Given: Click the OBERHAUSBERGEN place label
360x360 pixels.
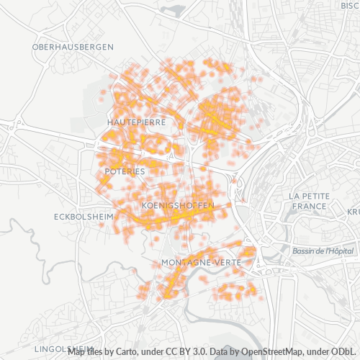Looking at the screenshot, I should (x=73, y=46).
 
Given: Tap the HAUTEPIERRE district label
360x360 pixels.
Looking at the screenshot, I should (x=136, y=122).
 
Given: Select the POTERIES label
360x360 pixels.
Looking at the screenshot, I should (x=125, y=171).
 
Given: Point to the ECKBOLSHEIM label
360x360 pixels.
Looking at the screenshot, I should (x=84, y=216).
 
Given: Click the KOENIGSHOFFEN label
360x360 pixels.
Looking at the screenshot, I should (x=178, y=206).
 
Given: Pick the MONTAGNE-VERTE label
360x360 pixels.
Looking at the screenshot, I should (x=202, y=261).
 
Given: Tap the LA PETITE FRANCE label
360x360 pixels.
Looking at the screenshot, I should (x=309, y=200).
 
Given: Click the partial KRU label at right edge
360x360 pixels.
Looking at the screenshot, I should (x=353, y=212).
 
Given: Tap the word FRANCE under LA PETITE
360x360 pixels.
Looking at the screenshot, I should (x=309, y=206).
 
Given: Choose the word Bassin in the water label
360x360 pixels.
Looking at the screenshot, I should (x=306, y=251).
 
